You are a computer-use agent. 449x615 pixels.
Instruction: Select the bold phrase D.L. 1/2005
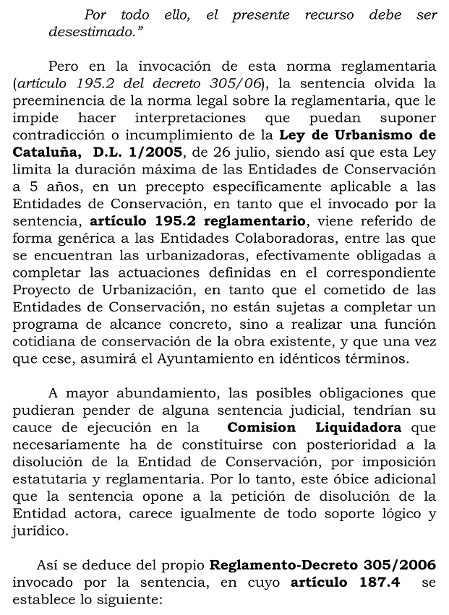[x=138, y=152]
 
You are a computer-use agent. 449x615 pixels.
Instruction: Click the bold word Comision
[x=261, y=428]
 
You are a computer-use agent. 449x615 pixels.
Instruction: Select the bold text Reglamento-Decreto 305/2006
[x=322, y=565]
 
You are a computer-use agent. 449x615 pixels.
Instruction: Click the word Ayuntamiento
[x=234, y=358]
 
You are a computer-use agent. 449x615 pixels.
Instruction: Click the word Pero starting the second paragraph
[x=61, y=66]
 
